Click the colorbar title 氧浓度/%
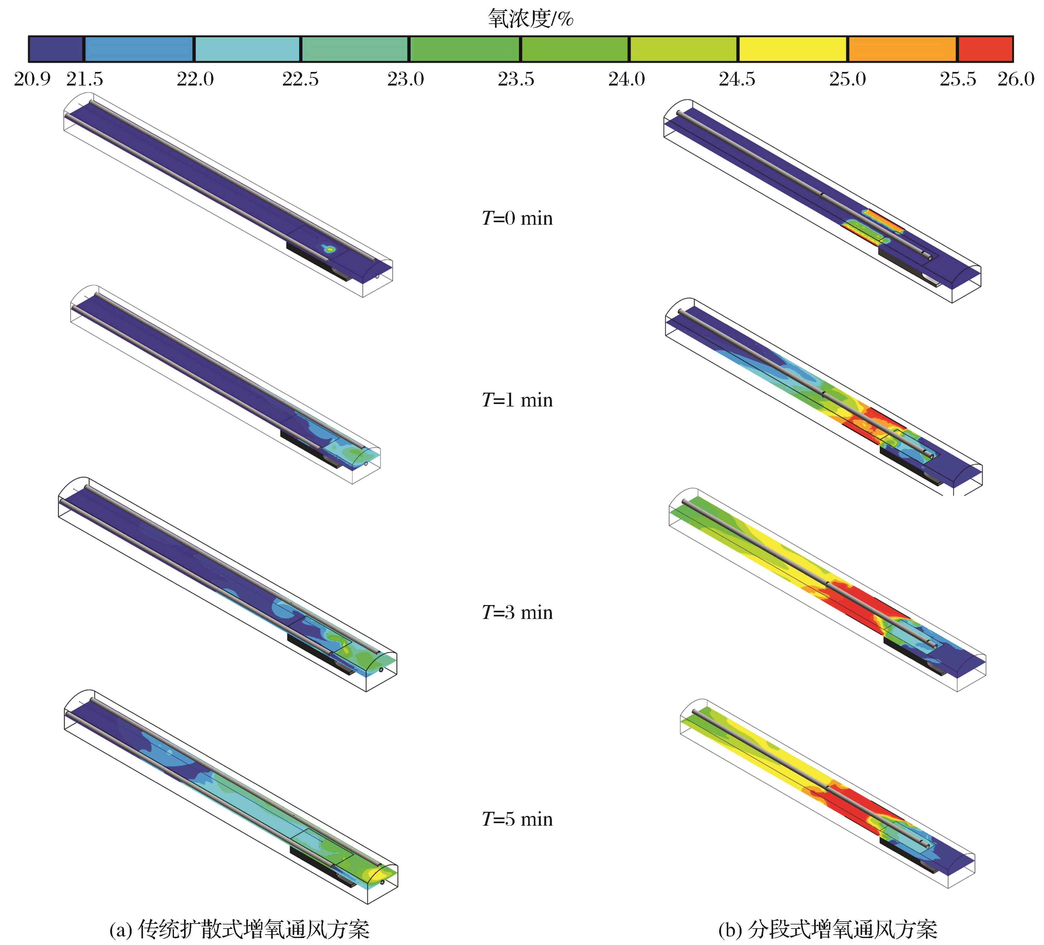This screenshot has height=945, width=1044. point(530,19)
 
